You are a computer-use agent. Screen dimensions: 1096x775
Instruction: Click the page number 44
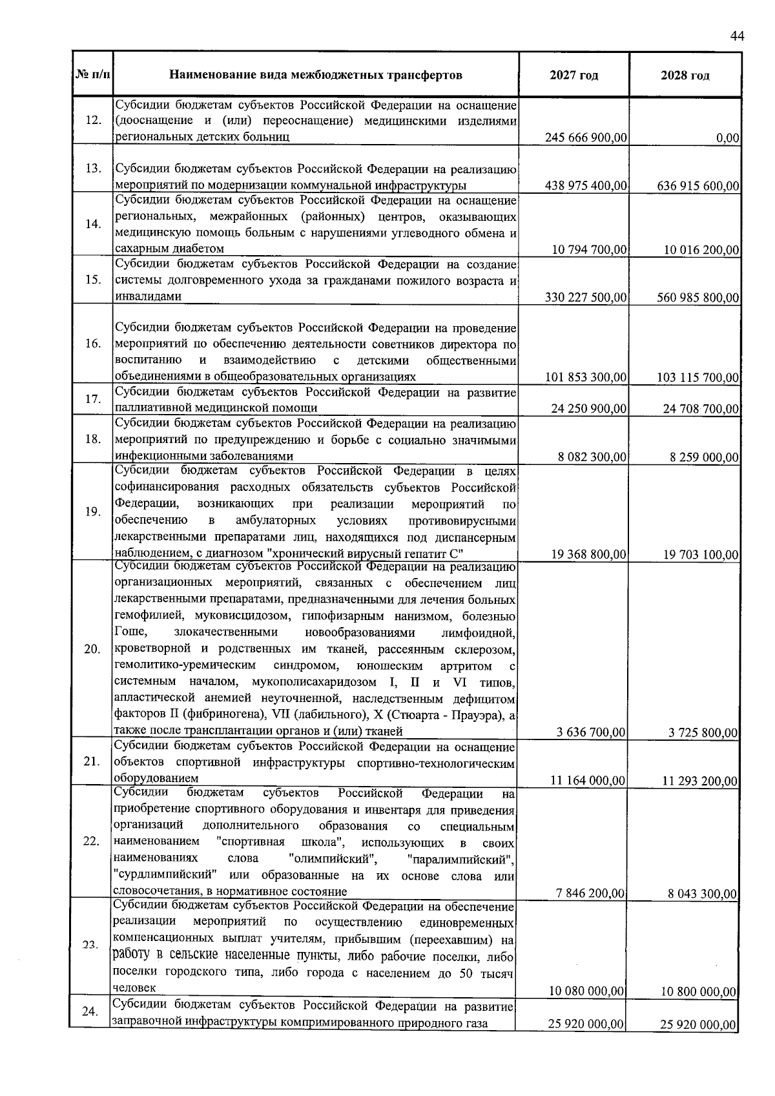coord(737,36)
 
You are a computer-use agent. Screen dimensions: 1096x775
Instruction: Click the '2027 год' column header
coord(573,76)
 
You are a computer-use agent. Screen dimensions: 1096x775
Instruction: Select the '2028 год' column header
coord(685,76)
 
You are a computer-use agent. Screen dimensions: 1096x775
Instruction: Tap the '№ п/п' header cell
coord(93,76)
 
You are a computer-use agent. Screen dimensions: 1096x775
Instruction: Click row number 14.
coord(93,224)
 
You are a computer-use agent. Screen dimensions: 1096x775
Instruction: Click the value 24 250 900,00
coord(589,409)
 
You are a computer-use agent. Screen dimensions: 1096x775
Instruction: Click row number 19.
coord(93,512)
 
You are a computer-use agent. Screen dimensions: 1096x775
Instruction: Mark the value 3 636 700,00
coord(590,732)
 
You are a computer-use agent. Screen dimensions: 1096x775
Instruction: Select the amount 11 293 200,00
coord(699,781)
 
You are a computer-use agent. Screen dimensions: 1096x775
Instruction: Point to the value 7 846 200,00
coord(590,893)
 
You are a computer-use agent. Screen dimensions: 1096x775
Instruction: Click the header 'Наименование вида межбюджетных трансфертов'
coord(316,76)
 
